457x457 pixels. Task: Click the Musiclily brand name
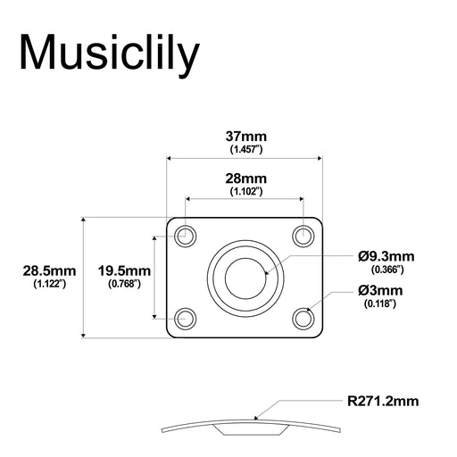tap(110, 53)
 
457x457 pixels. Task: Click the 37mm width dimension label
tap(245, 137)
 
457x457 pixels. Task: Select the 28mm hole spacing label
tap(245, 179)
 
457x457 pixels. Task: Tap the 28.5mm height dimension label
tap(50, 270)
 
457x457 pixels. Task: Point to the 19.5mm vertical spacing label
tap(124, 270)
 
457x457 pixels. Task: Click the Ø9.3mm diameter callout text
tap(387, 255)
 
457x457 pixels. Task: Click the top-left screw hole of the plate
tap(186, 236)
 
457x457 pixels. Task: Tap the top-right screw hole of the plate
tap(303, 236)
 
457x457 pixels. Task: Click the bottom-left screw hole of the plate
tap(186, 317)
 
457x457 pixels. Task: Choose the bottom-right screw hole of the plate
tap(303, 317)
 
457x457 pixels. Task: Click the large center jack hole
tap(245, 276)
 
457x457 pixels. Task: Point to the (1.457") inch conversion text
tap(245, 150)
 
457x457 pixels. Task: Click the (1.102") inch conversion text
tap(245, 192)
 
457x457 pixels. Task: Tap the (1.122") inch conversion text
tap(50, 284)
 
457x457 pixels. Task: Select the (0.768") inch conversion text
tap(124, 284)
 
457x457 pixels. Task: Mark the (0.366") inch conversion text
tap(386, 269)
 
